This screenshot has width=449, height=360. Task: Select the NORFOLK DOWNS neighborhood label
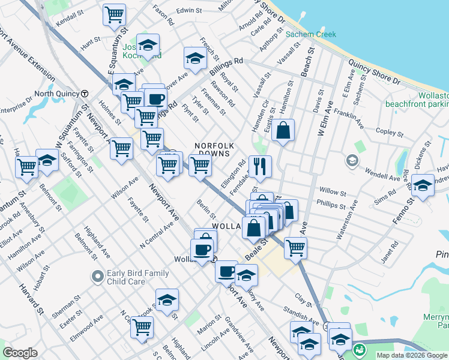click(213, 149)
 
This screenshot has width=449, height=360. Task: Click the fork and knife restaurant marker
click(260, 166)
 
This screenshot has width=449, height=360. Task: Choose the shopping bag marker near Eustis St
click(283, 130)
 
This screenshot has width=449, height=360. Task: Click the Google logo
click(20, 353)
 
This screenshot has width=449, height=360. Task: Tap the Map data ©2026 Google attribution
click(411, 355)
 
